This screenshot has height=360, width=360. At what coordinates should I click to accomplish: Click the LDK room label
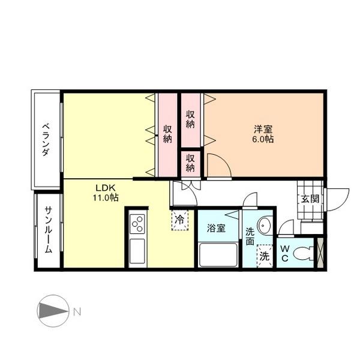(x=106, y=188)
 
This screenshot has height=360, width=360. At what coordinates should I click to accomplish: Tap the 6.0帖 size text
(x=263, y=139)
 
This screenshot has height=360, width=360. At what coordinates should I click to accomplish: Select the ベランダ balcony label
(x=46, y=140)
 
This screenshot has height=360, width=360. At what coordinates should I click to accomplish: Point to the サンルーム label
(x=49, y=230)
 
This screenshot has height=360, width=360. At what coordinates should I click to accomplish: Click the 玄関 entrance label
(x=310, y=199)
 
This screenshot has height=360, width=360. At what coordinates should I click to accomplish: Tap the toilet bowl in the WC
(x=303, y=253)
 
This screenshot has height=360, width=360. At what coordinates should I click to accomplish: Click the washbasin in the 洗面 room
(x=264, y=225)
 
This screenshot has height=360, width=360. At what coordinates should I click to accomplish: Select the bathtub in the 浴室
(x=218, y=255)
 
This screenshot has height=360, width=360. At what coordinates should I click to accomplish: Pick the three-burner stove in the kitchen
(x=137, y=224)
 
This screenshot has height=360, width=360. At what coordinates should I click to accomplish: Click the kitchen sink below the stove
(x=137, y=251)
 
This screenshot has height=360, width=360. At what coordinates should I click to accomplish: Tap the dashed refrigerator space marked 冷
(x=180, y=220)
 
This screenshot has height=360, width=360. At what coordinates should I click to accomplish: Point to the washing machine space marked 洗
(x=265, y=256)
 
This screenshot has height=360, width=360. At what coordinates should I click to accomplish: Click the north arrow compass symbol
(x=53, y=311)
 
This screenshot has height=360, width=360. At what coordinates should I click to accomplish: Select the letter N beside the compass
(x=77, y=312)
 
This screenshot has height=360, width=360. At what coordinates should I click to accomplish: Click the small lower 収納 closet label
(x=190, y=163)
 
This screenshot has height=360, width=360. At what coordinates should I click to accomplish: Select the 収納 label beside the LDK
(x=167, y=134)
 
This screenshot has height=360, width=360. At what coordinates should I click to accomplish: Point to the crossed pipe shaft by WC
(x=320, y=253)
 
